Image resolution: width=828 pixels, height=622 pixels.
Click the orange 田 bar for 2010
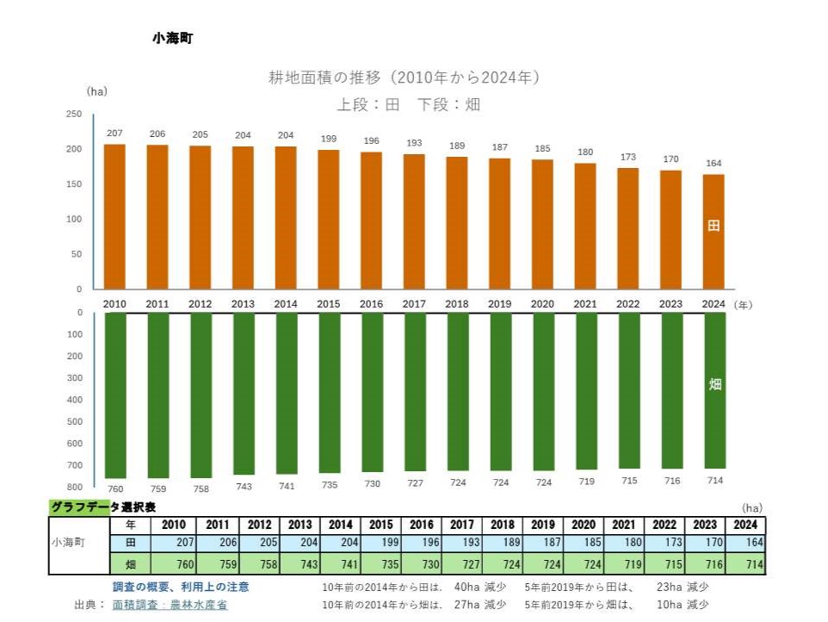pyautogui.click(x=114, y=216)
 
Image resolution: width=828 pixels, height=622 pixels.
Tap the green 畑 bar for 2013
pyautogui.click(x=244, y=393)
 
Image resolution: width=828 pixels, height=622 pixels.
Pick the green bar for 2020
pyautogui.click(x=543, y=391)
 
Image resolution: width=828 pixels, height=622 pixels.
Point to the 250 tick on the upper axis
pyautogui.click(x=74, y=115)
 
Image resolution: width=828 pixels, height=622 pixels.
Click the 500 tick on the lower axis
pyautogui.click(x=74, y=421)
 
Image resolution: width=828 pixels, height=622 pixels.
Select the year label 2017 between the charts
pyautogui.click(x=414, y=303)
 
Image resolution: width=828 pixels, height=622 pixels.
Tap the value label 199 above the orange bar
pyautogui.click(x=329, y=139)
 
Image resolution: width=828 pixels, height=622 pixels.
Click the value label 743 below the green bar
pyautogui.click(x=244, y=486)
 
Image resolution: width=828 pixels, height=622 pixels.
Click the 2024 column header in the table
pyautogui.click(x=745, y=524)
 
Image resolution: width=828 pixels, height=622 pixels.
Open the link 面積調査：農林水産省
pyautogui.click(x=170, y=605)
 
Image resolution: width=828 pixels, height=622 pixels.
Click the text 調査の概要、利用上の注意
pyautogui.click(x=181, y=587)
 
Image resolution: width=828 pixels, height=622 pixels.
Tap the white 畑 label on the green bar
pyautogui.click(x=714, y=384)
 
